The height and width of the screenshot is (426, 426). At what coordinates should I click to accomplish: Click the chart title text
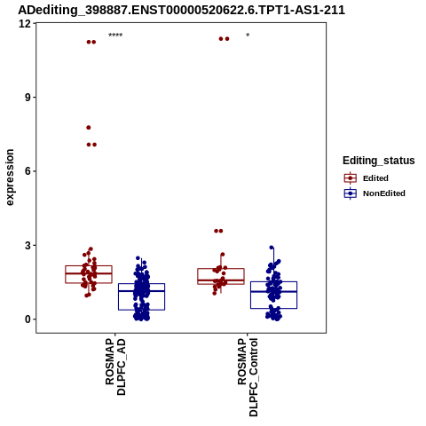coord(181,10)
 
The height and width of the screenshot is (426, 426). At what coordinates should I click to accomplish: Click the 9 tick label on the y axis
coord(28,98)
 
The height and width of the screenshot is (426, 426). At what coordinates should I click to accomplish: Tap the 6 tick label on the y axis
coord(28,171)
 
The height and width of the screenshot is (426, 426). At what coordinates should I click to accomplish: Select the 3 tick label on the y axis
coord(28,245)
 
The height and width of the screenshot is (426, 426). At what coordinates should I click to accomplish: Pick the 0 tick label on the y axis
coord(28,319)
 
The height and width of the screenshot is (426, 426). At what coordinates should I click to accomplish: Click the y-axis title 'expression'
coord(10,177)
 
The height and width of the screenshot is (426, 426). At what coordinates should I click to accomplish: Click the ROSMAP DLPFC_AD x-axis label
coord(115,367)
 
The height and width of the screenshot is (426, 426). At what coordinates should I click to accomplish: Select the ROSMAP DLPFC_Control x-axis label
coord(248,377)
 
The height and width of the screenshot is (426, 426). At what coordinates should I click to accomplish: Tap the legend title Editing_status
coord(379,161)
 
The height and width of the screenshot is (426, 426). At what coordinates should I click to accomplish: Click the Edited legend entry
coord(367,178)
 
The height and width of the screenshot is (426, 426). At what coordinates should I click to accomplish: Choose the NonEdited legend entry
coord(375,193)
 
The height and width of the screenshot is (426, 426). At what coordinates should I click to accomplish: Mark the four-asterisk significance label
coord(115,35)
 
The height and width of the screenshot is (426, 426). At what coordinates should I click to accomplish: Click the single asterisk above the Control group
coord(248,35)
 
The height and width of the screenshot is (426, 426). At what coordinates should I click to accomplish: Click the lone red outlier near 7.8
coord(89,128)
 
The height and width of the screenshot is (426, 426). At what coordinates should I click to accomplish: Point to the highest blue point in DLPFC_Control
coord(272,248)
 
